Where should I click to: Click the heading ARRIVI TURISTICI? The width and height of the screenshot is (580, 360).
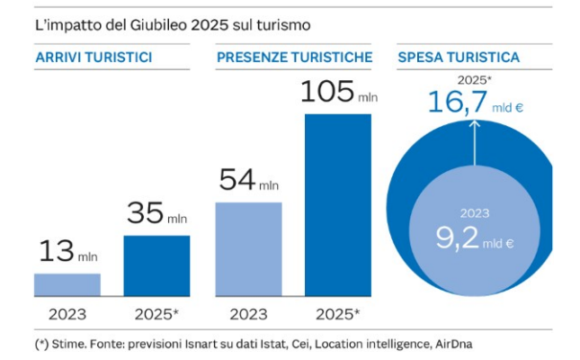93,58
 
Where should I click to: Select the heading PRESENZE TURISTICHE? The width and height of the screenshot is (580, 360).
294,58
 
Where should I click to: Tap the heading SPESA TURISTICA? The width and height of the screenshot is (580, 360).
458,58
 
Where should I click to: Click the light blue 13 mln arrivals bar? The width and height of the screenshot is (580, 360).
67,285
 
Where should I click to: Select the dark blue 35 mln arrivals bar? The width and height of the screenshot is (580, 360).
156,266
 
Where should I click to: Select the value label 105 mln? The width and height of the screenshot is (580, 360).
337,94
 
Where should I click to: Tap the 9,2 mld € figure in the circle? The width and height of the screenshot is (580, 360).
474,239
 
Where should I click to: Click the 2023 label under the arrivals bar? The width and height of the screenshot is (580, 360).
67,315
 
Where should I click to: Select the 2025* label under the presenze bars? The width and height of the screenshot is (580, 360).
338,315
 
